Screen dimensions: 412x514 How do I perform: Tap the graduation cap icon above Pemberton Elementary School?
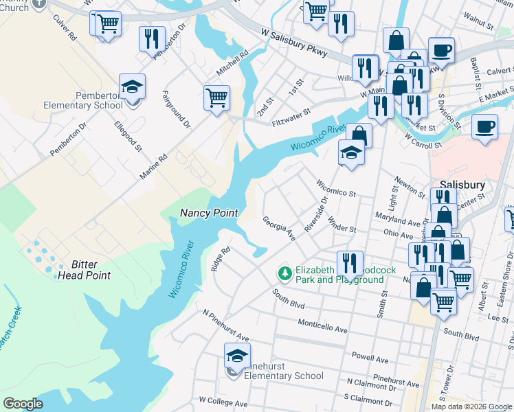(x=132, y=88)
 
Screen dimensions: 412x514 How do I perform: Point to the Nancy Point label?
(x=209, y=213)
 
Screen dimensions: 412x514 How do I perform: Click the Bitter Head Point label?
(x=91, y=270)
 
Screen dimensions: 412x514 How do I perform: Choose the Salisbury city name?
(x=462, y=185)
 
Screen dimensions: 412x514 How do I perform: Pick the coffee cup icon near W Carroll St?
(x=484, y=128)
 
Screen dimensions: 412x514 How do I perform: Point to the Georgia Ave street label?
(x=278, y=229)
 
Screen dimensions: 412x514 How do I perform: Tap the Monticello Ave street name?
(x=322, y=325)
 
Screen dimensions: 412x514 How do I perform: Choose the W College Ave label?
(x=223, y=400)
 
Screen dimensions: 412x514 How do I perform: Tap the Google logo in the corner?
(x=23, y=404)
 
